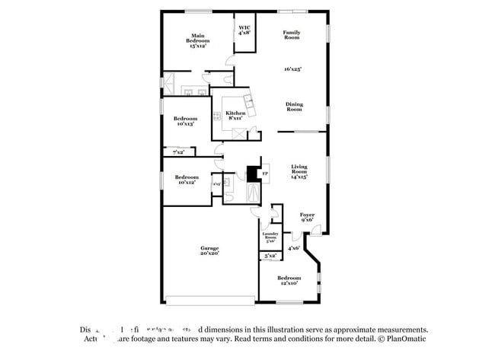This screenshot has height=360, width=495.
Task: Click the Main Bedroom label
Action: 198,40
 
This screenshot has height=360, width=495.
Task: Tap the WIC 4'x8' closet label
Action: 244,30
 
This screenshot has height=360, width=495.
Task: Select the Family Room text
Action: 291,35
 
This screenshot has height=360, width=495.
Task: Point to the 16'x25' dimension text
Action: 292,69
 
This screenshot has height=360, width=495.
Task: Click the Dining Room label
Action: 294,107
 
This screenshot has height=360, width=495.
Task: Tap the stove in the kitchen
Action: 216,117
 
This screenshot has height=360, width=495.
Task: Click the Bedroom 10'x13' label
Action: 185,121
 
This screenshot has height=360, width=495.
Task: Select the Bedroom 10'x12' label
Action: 185,180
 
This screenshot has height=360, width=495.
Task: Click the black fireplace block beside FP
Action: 252,174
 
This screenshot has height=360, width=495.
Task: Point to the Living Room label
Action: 299,172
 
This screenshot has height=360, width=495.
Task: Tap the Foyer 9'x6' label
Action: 307,218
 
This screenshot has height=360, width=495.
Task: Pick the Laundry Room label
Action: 270,237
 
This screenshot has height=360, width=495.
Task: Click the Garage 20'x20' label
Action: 209,250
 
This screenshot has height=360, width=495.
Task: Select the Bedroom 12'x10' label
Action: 289,280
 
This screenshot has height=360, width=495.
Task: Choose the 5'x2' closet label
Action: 270,256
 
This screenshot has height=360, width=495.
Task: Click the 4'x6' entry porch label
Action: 294,247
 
